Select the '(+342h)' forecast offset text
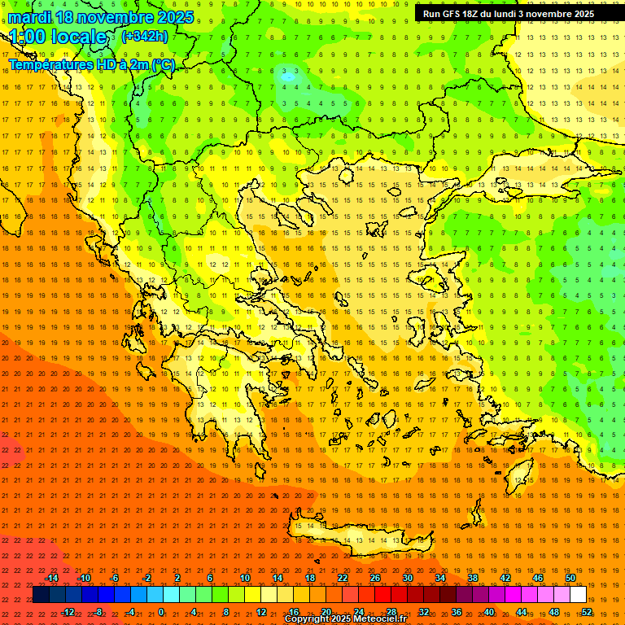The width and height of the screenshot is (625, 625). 144,36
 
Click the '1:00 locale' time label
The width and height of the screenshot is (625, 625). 59,37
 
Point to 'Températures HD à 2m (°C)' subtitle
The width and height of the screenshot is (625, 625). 91,64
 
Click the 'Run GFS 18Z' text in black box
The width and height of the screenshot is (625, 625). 452,14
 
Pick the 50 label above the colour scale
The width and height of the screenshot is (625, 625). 570,578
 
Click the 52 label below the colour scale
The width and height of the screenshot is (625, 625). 587,612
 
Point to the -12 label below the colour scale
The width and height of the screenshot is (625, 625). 68,612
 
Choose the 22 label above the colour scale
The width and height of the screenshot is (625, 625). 343,578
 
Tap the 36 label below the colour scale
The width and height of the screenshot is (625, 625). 457,612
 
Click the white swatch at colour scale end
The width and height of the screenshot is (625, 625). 579,595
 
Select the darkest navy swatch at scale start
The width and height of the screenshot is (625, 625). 41,595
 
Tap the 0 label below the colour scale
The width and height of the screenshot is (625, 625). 160,612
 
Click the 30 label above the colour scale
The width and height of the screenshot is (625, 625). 408,578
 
